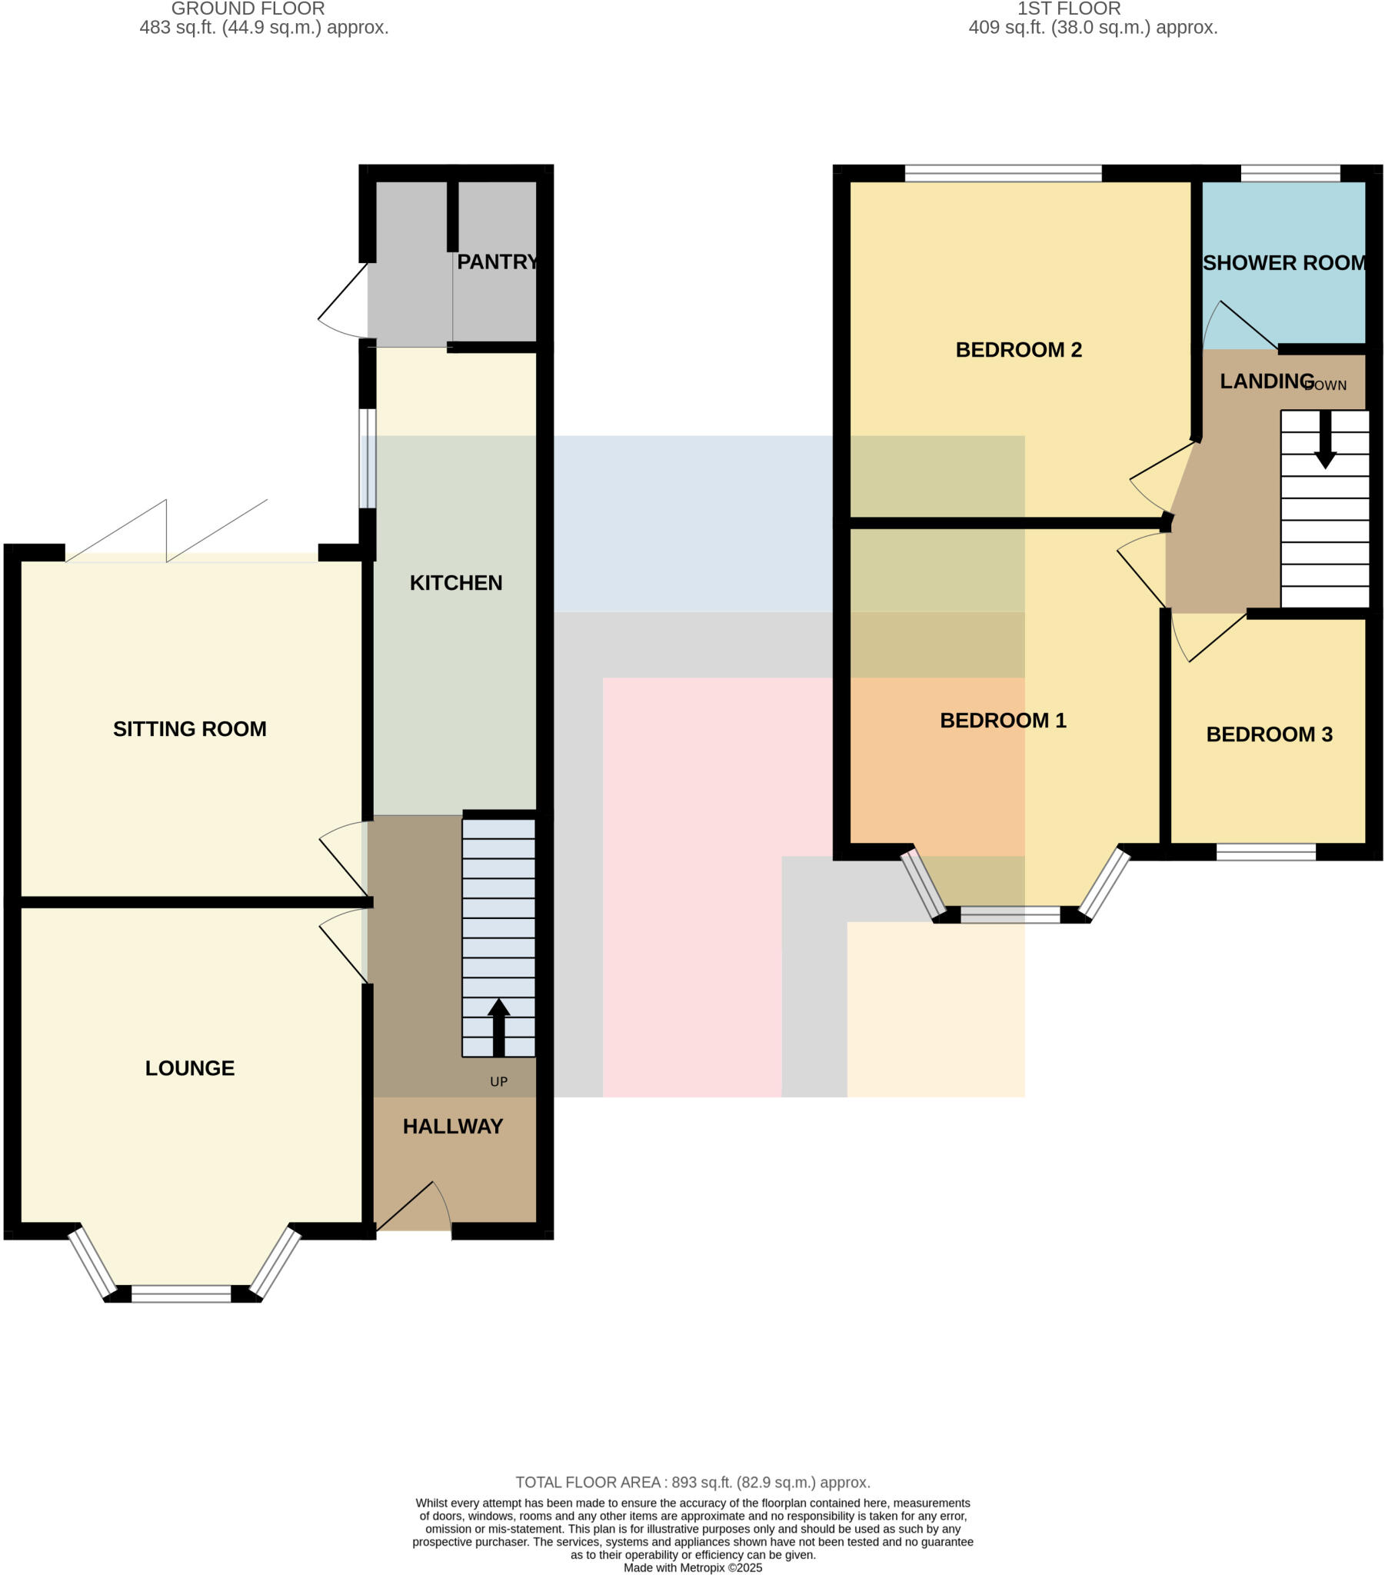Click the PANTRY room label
coord(497,262)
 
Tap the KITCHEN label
coord(455,582)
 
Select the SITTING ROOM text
coord(190,729)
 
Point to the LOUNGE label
coord(190,1068)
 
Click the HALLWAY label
coord(452,1127)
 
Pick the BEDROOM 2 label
coord(1018,350)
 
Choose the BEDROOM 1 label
coord(1003,721)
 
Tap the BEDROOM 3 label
coord(1269,734)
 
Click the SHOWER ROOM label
coord(1284,263)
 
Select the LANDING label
coord(1267,381)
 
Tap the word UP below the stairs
coord(498,1082)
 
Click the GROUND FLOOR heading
coord(248,9)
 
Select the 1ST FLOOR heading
coord(1068,9)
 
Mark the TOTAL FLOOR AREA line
coord(692,1483)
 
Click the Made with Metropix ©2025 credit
coord(692,1567)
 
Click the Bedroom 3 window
coord(1266,851)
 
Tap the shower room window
coord(1290,173)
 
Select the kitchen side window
coord(368,458)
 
